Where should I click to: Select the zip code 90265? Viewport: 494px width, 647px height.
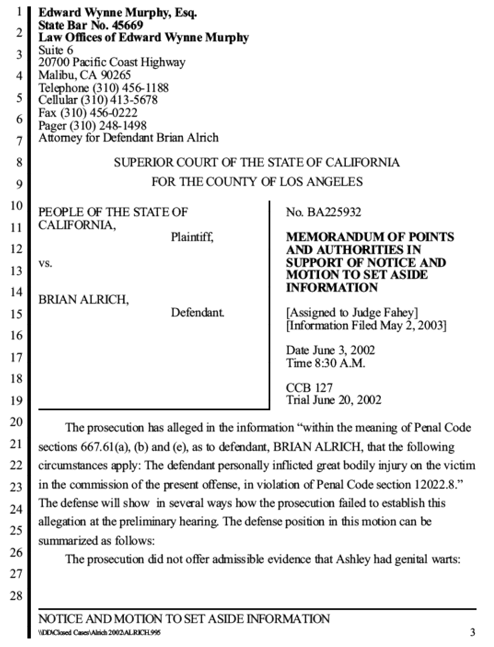pyautogui.click(x=116, y=75)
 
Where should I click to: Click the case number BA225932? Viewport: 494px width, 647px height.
pyautogui.click(x=334, y=212)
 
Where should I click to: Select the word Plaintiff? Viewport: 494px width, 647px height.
pyautogui.click(x=192, y=237)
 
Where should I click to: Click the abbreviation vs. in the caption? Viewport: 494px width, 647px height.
pyautogui.click(x=46, y=263)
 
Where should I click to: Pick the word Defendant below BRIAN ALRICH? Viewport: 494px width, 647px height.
pyautogui.click(x=198, y=312)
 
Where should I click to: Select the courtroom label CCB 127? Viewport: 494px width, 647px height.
pyautogui.click(x=309, y=388)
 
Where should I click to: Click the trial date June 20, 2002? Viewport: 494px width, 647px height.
pyautogui.click(x=347, y=400)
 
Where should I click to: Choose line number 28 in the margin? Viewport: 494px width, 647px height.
pyautogui.click(x=17, y=596)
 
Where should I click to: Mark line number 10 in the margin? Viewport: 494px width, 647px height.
pyautogui.click(x=17, y=205)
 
